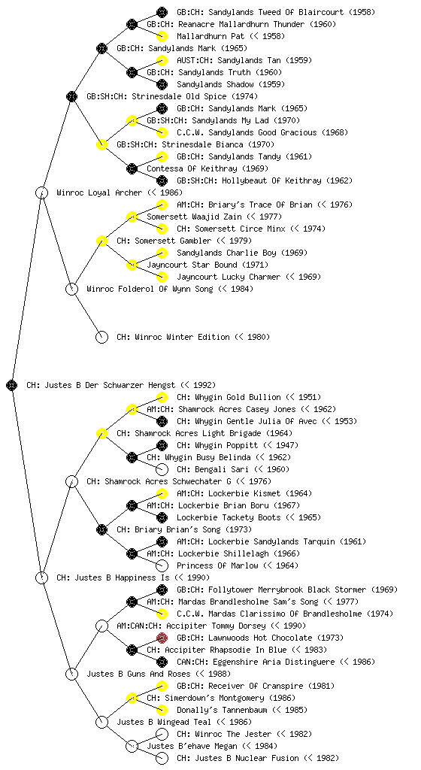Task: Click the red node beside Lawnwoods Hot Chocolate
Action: pyautogui.click(x=162, y=638)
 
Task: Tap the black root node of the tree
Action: pyautogui.click(x=12, y=385)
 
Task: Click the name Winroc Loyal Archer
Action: pyautogui.click(x=99, y=192)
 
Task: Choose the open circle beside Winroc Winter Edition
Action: pyautogui.click(x=101, y=337)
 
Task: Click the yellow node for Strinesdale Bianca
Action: pyautogui.click(x=101, y=144)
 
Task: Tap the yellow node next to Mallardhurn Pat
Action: pyautogui.click(x=162, y=36)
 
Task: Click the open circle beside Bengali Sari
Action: pyautogui.click(x=162, y=469)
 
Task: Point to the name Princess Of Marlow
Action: pyautogui.click(x=217, y=565)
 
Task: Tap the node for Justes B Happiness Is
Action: pyautogui.click(x=41, y=577)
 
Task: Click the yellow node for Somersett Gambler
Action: pyautogui.click(x=101, y=241)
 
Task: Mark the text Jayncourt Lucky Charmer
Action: pyautogui.click(x=229, y=277)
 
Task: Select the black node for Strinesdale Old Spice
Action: pyautogui.click(x=71, y=96)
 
